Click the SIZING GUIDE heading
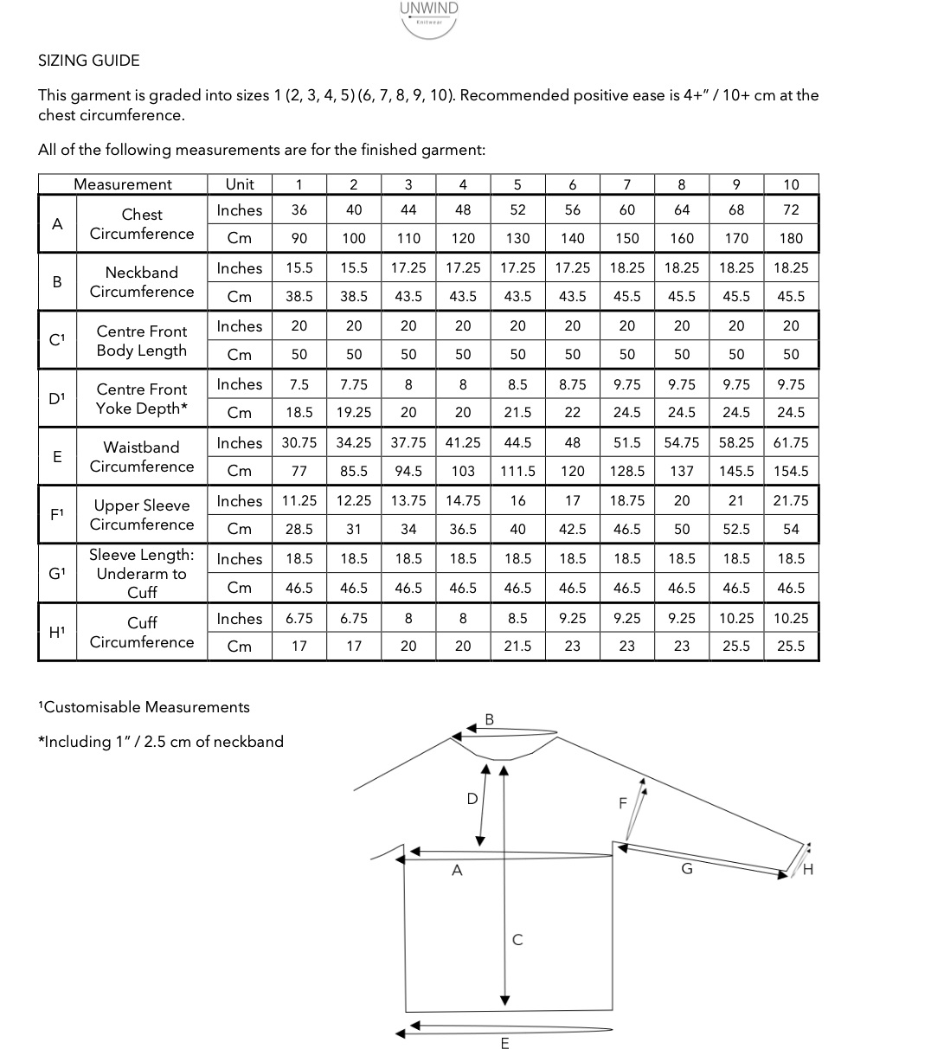(88, 61)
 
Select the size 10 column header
(791, 184)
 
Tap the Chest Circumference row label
(142, 224)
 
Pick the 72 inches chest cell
(791, 210)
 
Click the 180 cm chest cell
(791, 238)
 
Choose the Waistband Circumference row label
(142, 457)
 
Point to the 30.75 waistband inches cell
(299, 443)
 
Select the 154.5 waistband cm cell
(791, 471)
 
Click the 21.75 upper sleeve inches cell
(791, 501)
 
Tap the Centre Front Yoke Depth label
(142, 399)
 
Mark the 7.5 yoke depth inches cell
(299, 384)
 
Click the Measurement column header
(123, 184)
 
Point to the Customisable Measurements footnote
(144, 707)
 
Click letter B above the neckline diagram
(489, 719)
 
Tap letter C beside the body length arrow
(517, 939)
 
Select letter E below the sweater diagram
(505, 1042)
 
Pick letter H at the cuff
(808, 870)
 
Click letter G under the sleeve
(687, 869)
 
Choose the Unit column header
(240, 184)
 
